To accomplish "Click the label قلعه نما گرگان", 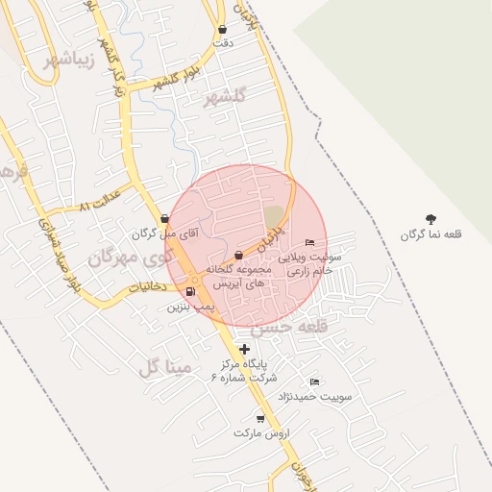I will click(430, 234).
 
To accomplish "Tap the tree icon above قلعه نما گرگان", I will click(430, 219).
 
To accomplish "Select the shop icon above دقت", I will click(223, 30).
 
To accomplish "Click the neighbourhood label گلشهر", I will click(226, 96).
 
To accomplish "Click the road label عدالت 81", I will click(98, 206).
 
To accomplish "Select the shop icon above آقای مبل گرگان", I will click(164, 219).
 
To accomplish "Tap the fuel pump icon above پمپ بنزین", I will click(190, 292).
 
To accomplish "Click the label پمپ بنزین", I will click(187, 307).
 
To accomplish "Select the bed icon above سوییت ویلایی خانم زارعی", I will click(308, 242).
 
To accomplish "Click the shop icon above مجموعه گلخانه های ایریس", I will click(238, 255).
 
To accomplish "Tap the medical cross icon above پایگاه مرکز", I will click(245, 350).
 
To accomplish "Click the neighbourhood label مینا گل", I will click(165, 367).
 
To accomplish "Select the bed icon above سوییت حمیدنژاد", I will click(314, 382).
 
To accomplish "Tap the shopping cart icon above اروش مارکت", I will click(260, 419).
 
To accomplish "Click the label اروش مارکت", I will click(260, 433).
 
